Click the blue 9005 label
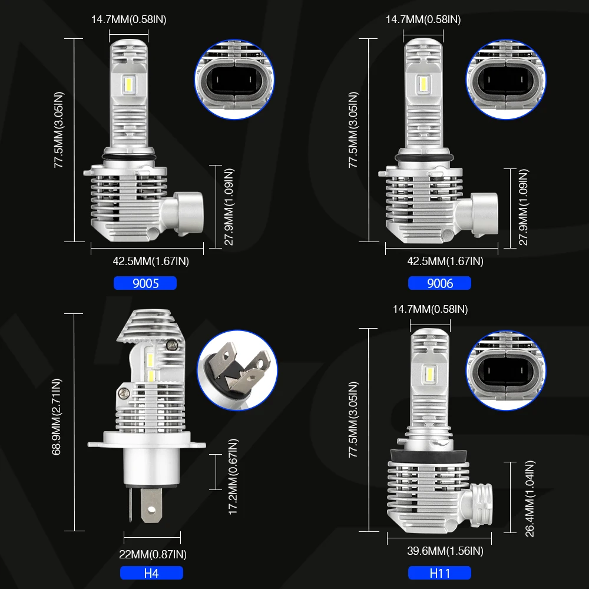(x=145, y=283)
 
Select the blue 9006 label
(x=439, y=283)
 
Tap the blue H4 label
(x=151, y=573)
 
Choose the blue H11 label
(x=439, y=573)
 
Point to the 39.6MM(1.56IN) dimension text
(x=445, y=551)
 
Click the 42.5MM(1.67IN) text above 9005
(x=151, y=261)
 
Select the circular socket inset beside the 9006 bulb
(x=506, y=78)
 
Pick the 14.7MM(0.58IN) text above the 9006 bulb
(x=423, y=19)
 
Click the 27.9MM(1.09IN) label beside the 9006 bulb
(x=523, y=206)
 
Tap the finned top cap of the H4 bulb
(x=151, y=326)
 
